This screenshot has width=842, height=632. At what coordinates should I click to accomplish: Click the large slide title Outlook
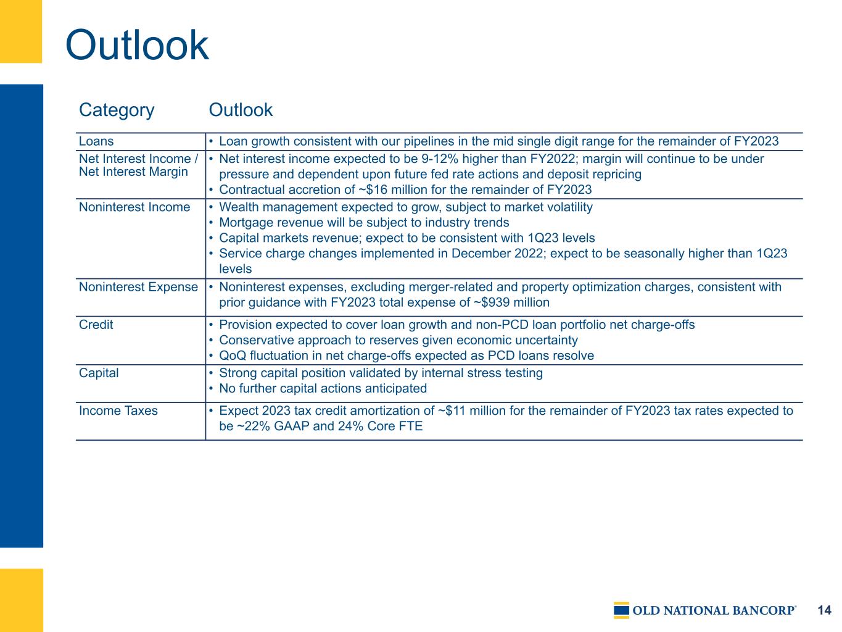137,45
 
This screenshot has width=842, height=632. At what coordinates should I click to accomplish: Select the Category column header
116,110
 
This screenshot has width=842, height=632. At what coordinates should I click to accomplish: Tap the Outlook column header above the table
241,110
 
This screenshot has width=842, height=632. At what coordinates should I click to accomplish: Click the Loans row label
96,141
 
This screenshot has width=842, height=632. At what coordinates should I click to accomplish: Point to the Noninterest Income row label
134,207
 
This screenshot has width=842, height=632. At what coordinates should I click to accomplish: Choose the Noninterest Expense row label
138,287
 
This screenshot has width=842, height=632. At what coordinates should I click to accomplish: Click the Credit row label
96,325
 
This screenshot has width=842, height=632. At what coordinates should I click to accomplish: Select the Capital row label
99,373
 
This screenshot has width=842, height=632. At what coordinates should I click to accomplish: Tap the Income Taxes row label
118,410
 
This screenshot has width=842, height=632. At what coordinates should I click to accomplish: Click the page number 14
824,610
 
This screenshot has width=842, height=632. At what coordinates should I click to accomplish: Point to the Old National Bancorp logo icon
621,610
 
